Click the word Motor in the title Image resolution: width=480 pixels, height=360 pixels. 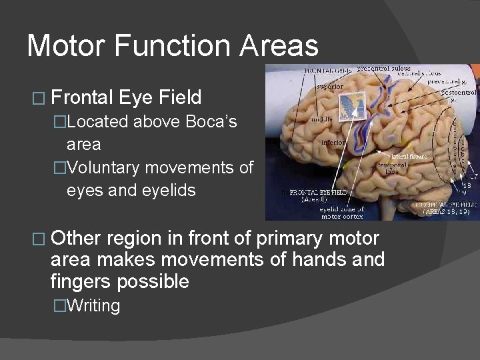pyautogui.click(x=66, y=46)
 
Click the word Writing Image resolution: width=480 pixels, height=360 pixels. pyautogui.click(x=93, y=306)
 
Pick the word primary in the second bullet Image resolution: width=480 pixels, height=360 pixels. pyautogui.click(x=285, y=238)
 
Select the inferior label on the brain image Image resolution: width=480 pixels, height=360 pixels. pyautogui.click(x=333, y=142)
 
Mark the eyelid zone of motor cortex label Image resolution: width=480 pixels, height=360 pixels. pyautogui.click(x=343, y=212)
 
